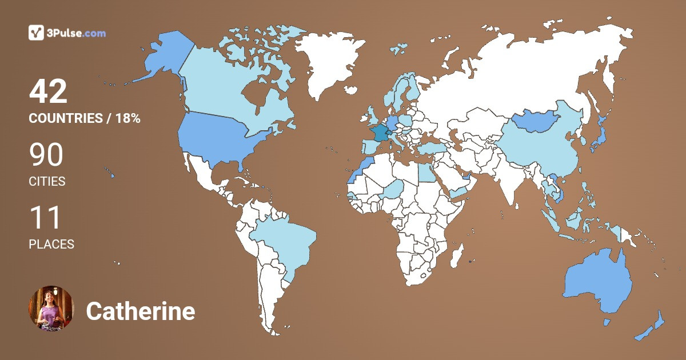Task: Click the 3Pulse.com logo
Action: [67, 33]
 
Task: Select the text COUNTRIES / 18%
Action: [85, 119]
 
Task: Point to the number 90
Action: [46, 155]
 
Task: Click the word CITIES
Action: [47, 182]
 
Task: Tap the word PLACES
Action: [51, 244]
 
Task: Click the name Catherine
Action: [141, 311]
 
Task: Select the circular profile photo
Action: [51, 309]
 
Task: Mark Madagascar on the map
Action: [456, 255]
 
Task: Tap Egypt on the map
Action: [426, 171]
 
